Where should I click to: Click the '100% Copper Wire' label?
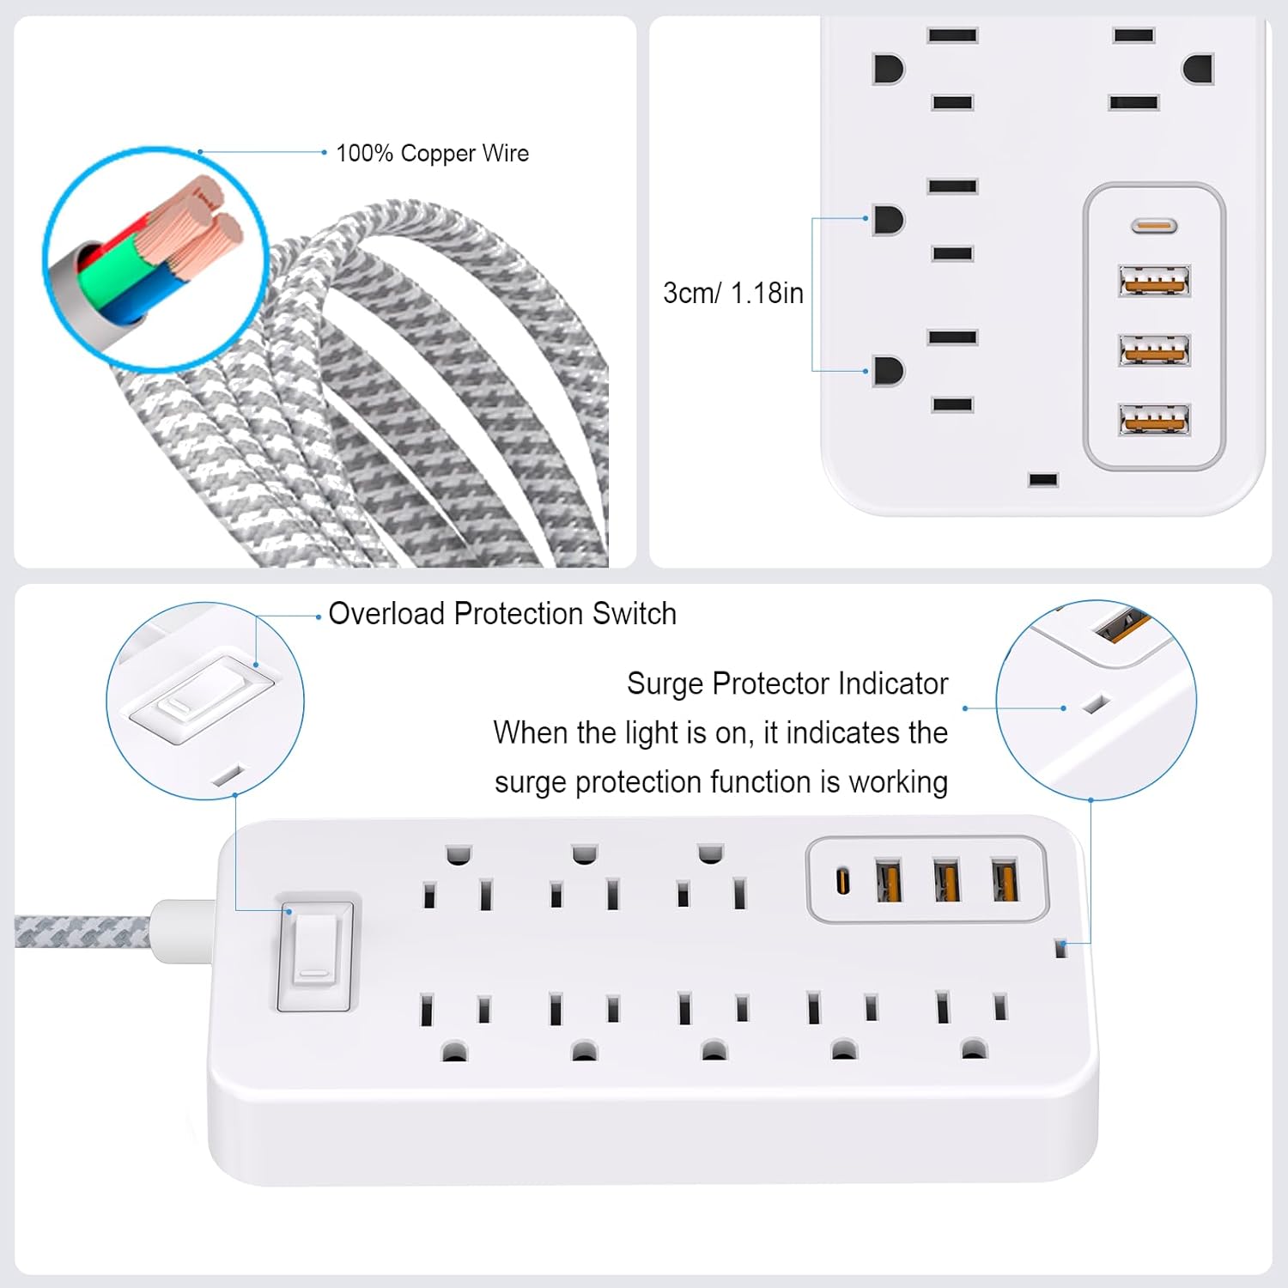432,153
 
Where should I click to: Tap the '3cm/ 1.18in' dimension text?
733,293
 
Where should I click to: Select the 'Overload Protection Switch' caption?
502,613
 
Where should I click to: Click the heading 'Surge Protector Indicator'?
787,683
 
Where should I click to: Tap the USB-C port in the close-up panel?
1153,227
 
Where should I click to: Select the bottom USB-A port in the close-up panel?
1154,420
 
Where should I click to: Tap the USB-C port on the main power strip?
844,881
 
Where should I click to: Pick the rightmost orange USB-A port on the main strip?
1005,880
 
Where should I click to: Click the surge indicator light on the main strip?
1060,949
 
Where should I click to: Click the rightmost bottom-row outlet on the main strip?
972,1025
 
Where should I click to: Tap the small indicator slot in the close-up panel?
1043,479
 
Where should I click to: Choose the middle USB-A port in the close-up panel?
1154,350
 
